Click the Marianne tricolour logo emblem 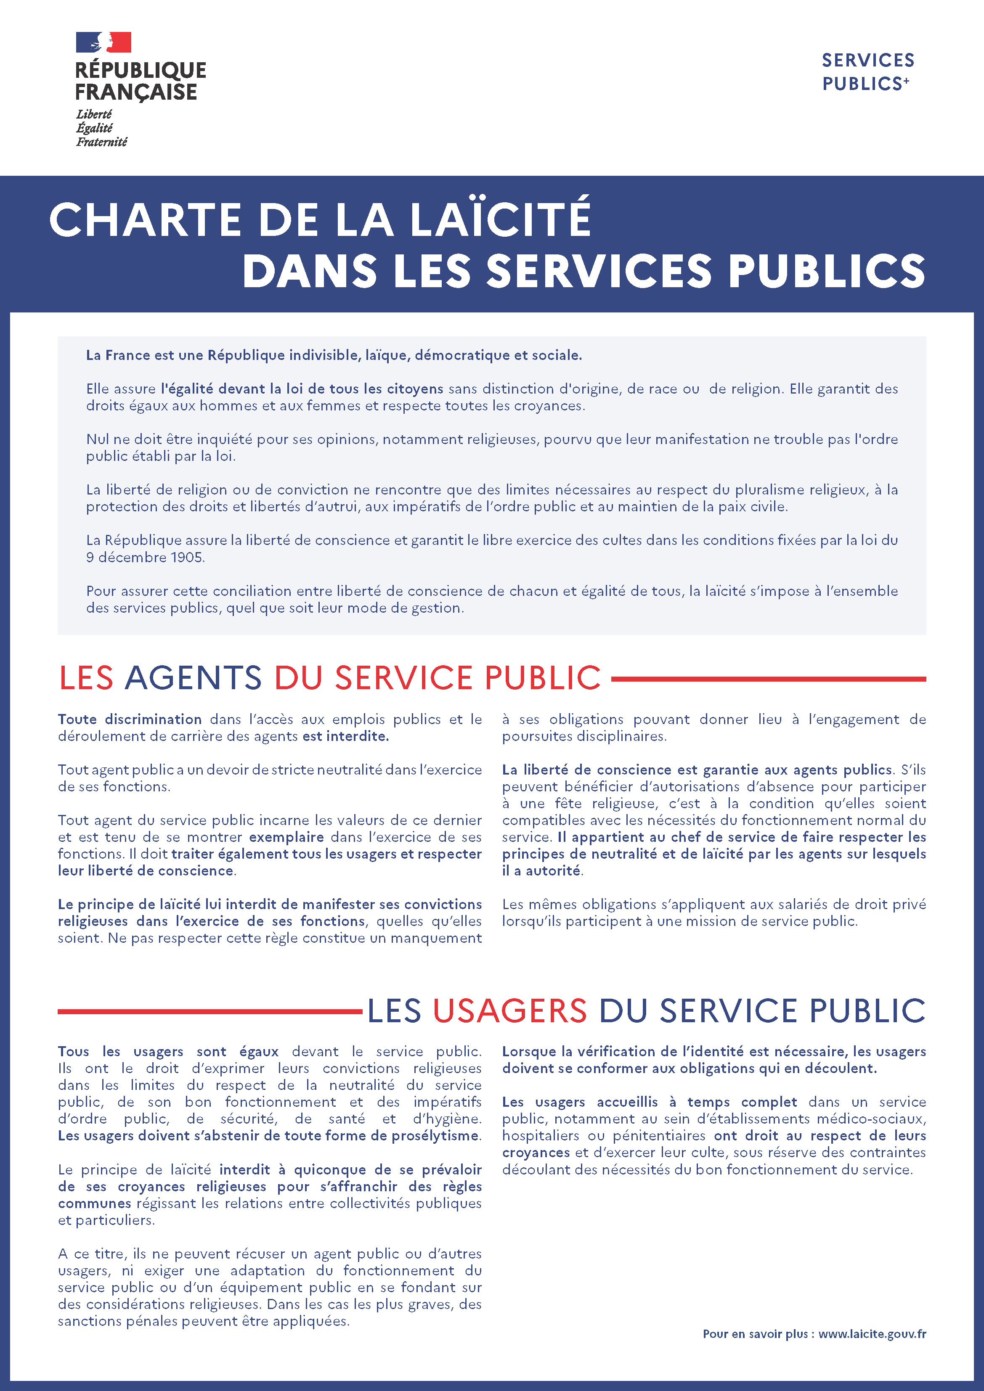click(103, 42)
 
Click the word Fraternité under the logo click(102, 142)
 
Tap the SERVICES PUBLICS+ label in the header click(867, 71)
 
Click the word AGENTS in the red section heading click(193, 677)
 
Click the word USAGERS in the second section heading click(509, 1010)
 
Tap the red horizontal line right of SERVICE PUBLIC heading click(768, 679)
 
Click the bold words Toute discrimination click(130, 719)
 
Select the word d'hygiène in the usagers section click(447, 1119)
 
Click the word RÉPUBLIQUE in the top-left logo click(141, 70)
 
